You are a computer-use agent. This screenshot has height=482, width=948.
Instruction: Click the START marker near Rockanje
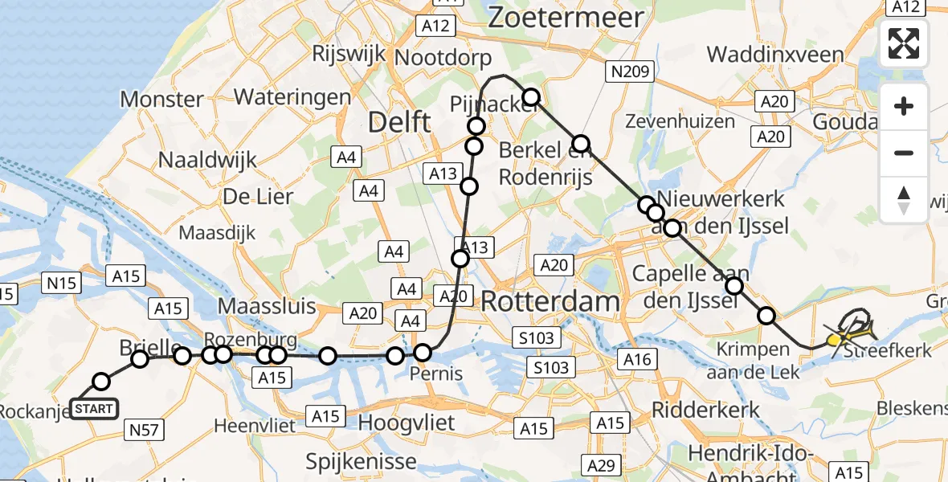coord(94,409)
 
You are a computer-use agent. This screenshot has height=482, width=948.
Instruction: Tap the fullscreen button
coord(904,43)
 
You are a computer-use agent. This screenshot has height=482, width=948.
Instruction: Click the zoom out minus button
coord(904,153)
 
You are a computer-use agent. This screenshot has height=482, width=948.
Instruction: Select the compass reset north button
coord(904,199)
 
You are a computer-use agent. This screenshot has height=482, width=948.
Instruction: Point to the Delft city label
coord(399,123)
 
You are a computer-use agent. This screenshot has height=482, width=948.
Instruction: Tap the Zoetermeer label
coord(566,17)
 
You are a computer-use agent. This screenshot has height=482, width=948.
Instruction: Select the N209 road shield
coord(629,72)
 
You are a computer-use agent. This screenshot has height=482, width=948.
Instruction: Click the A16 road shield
coord(638,360)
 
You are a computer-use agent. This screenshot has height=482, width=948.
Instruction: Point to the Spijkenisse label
coord(362,461)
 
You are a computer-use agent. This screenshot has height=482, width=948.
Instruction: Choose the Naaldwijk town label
coord(207,159)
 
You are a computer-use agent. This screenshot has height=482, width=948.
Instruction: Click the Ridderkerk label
coord(705,409)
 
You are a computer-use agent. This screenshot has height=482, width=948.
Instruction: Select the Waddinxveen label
coord(775,55)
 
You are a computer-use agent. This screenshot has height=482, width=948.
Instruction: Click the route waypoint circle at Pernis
coord(423,352)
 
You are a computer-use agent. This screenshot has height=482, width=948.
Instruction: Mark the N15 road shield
coord(61,283)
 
